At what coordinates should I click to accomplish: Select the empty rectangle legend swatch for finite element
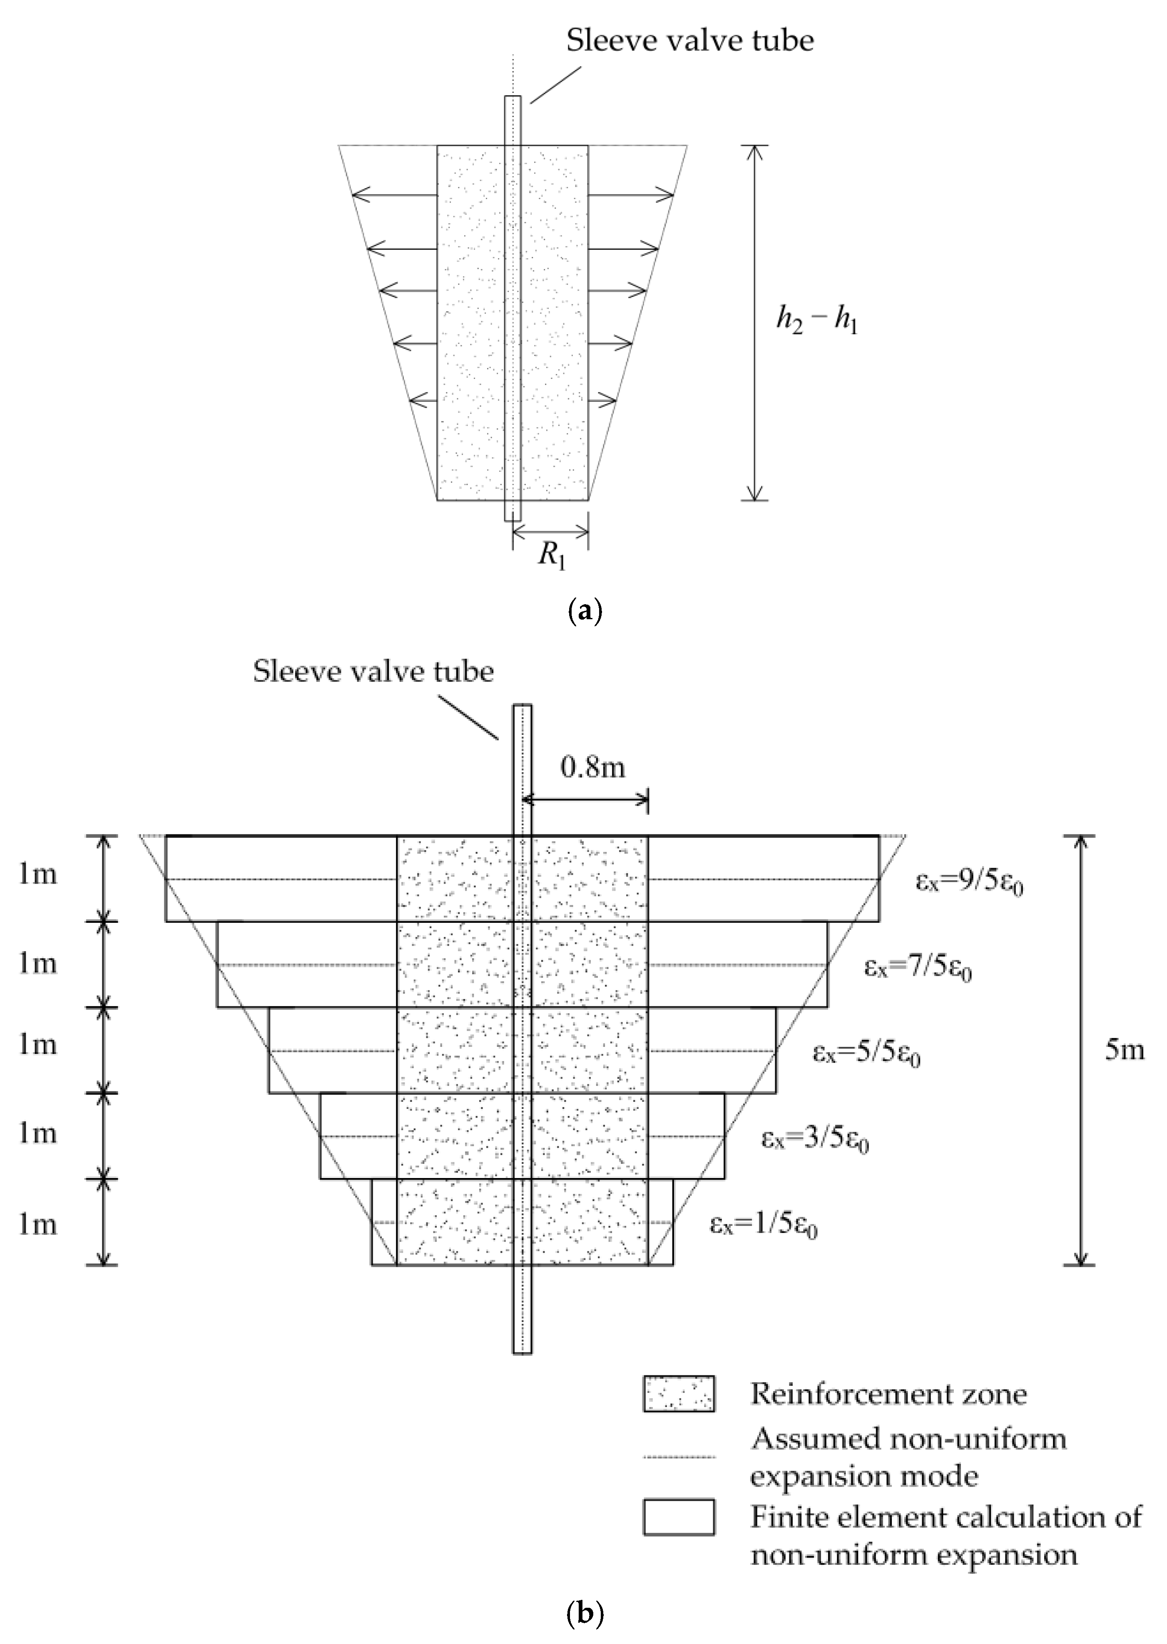click(x=678, y=1517)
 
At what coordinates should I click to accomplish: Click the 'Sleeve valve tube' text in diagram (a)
click(x=690, y=40)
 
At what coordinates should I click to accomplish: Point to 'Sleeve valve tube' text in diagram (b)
click(x=373, y=672)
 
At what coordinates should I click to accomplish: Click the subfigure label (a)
click(x=584, y=611)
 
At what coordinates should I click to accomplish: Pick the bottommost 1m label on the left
click(x=37, y=1224)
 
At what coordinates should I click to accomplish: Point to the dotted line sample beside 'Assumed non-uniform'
click(x=678, y=1457)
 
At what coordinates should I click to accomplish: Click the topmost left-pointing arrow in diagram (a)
click(x=395, y=195)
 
